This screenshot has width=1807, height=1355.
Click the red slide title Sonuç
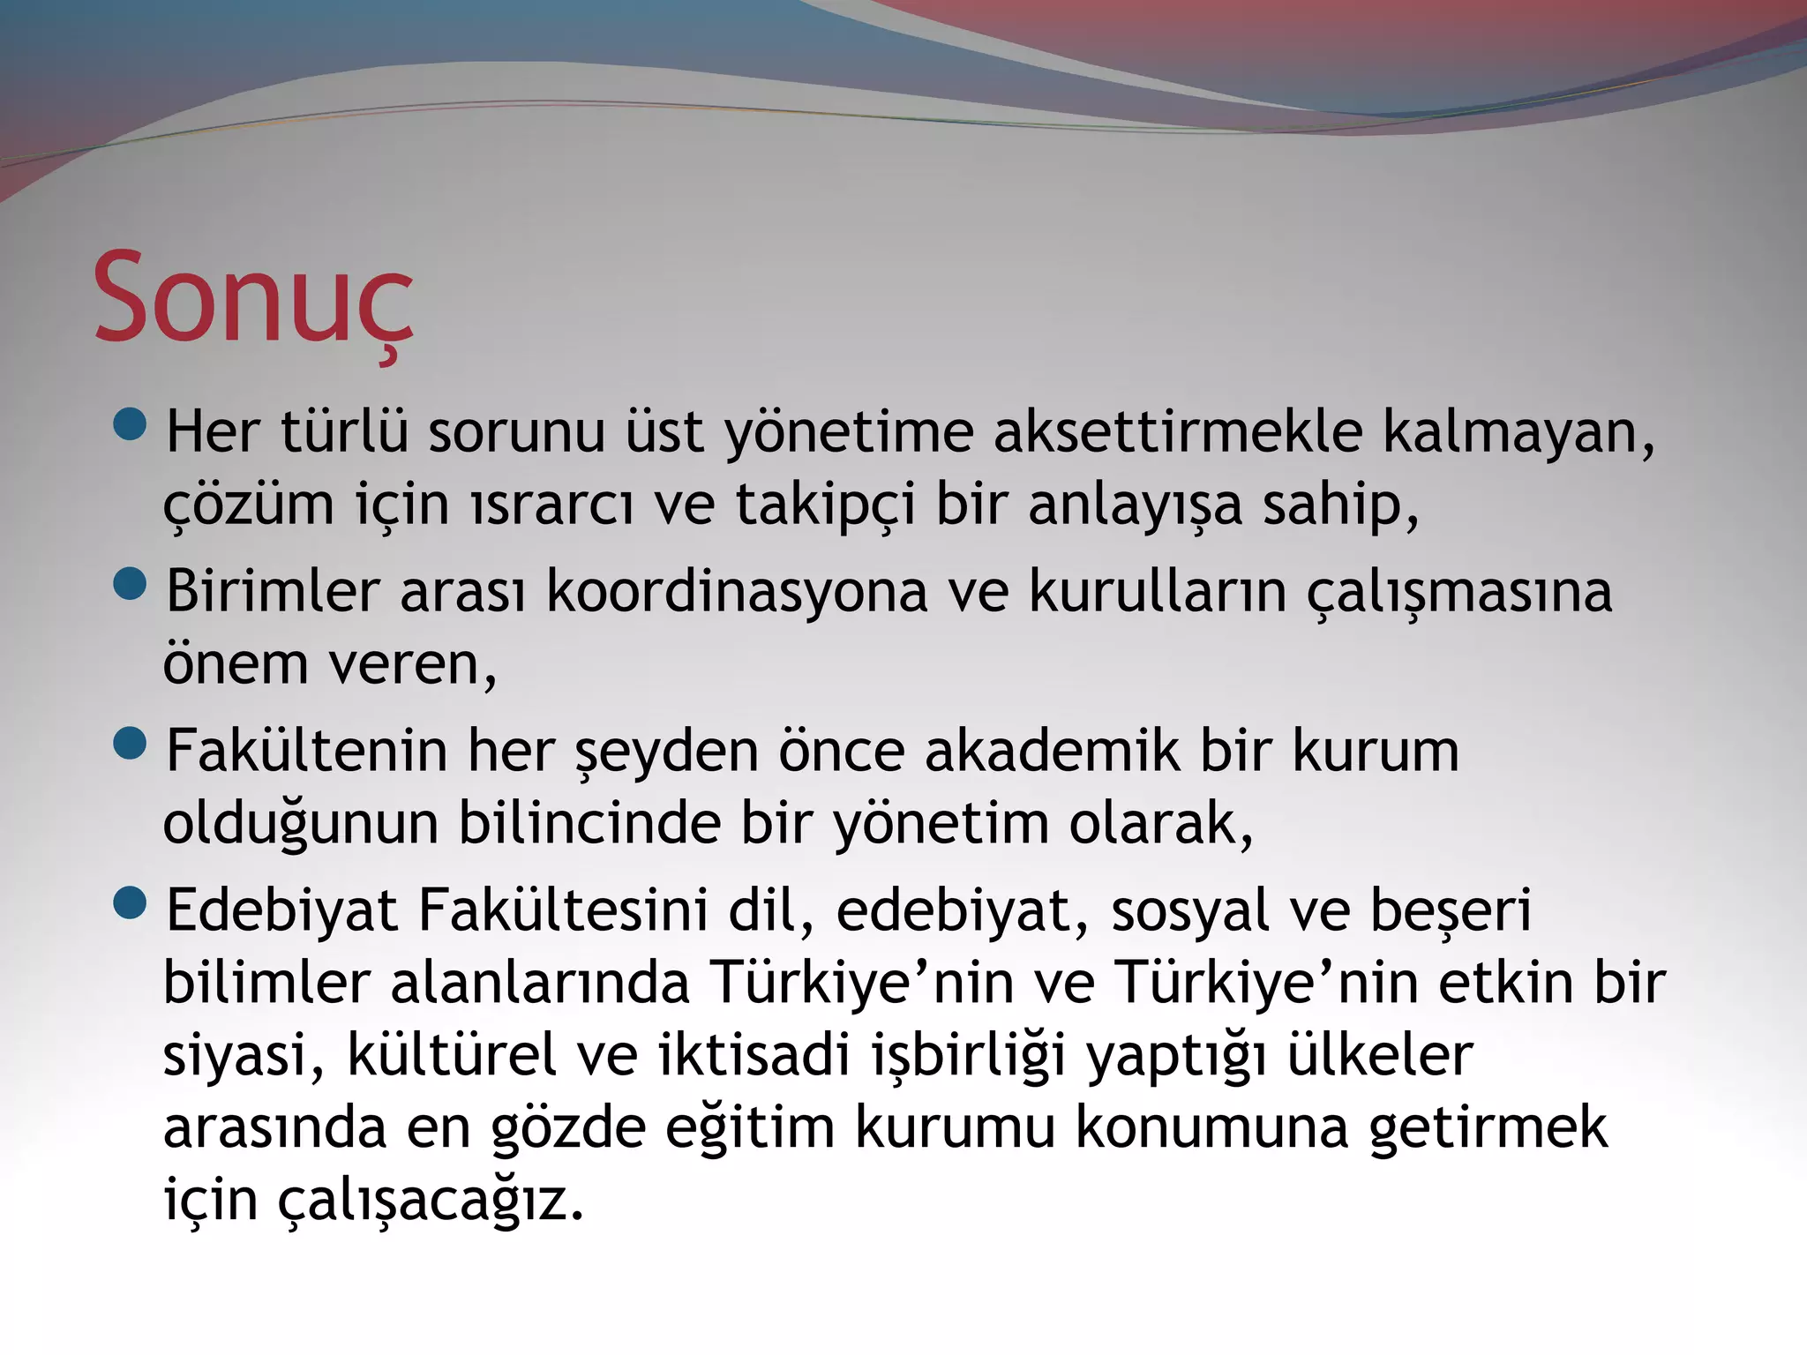click(x=253, y=300)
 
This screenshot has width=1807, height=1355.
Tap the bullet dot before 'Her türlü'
click(x=131, y=424)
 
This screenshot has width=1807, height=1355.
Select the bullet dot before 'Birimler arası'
click(x=131, y=584)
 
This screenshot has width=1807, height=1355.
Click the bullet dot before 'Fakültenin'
click(x=131, y=744)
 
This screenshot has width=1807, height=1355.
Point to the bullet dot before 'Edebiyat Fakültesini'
click(x=131, y=903)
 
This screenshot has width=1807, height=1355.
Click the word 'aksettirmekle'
click(x=1178, y=432)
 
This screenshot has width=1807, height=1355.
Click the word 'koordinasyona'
click(x=737, y=592)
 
